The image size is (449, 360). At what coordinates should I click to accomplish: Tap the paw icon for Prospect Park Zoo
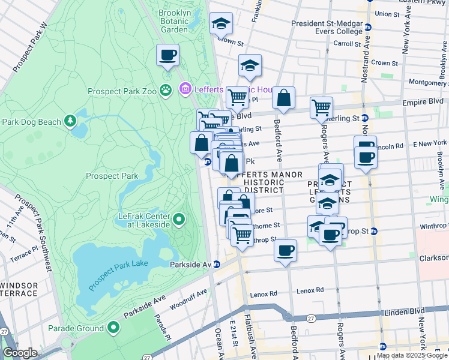[166, 91]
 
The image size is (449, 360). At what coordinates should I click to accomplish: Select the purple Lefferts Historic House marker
[185, 89]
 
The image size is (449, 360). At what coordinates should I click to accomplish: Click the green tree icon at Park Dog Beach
[70, 121]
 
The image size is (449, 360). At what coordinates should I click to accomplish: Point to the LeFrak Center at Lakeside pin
[178, 221]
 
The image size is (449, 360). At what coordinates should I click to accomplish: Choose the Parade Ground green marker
[113, 328]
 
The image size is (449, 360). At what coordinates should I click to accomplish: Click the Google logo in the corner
[20, 353]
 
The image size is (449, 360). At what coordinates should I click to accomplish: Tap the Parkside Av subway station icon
[217, 265]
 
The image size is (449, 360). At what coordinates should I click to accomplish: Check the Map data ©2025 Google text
[412, 355]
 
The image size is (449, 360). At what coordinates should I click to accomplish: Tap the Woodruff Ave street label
[188, 298]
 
